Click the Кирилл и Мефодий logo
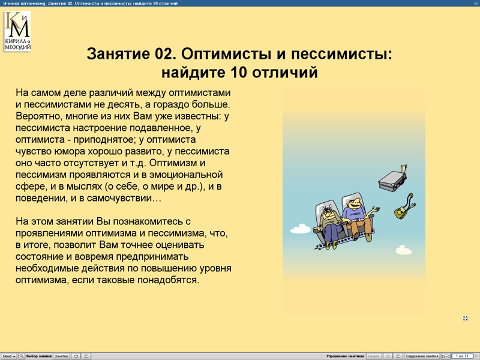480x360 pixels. [17, 31]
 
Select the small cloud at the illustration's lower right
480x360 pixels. [403, 248]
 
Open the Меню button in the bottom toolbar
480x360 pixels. [9, 356]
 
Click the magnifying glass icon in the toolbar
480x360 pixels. [22, 356]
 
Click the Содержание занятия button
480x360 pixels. [422, 356]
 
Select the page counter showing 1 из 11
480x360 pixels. [463, 356]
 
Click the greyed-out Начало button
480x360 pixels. [373, 356]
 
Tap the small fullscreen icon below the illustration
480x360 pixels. [466, 319]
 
